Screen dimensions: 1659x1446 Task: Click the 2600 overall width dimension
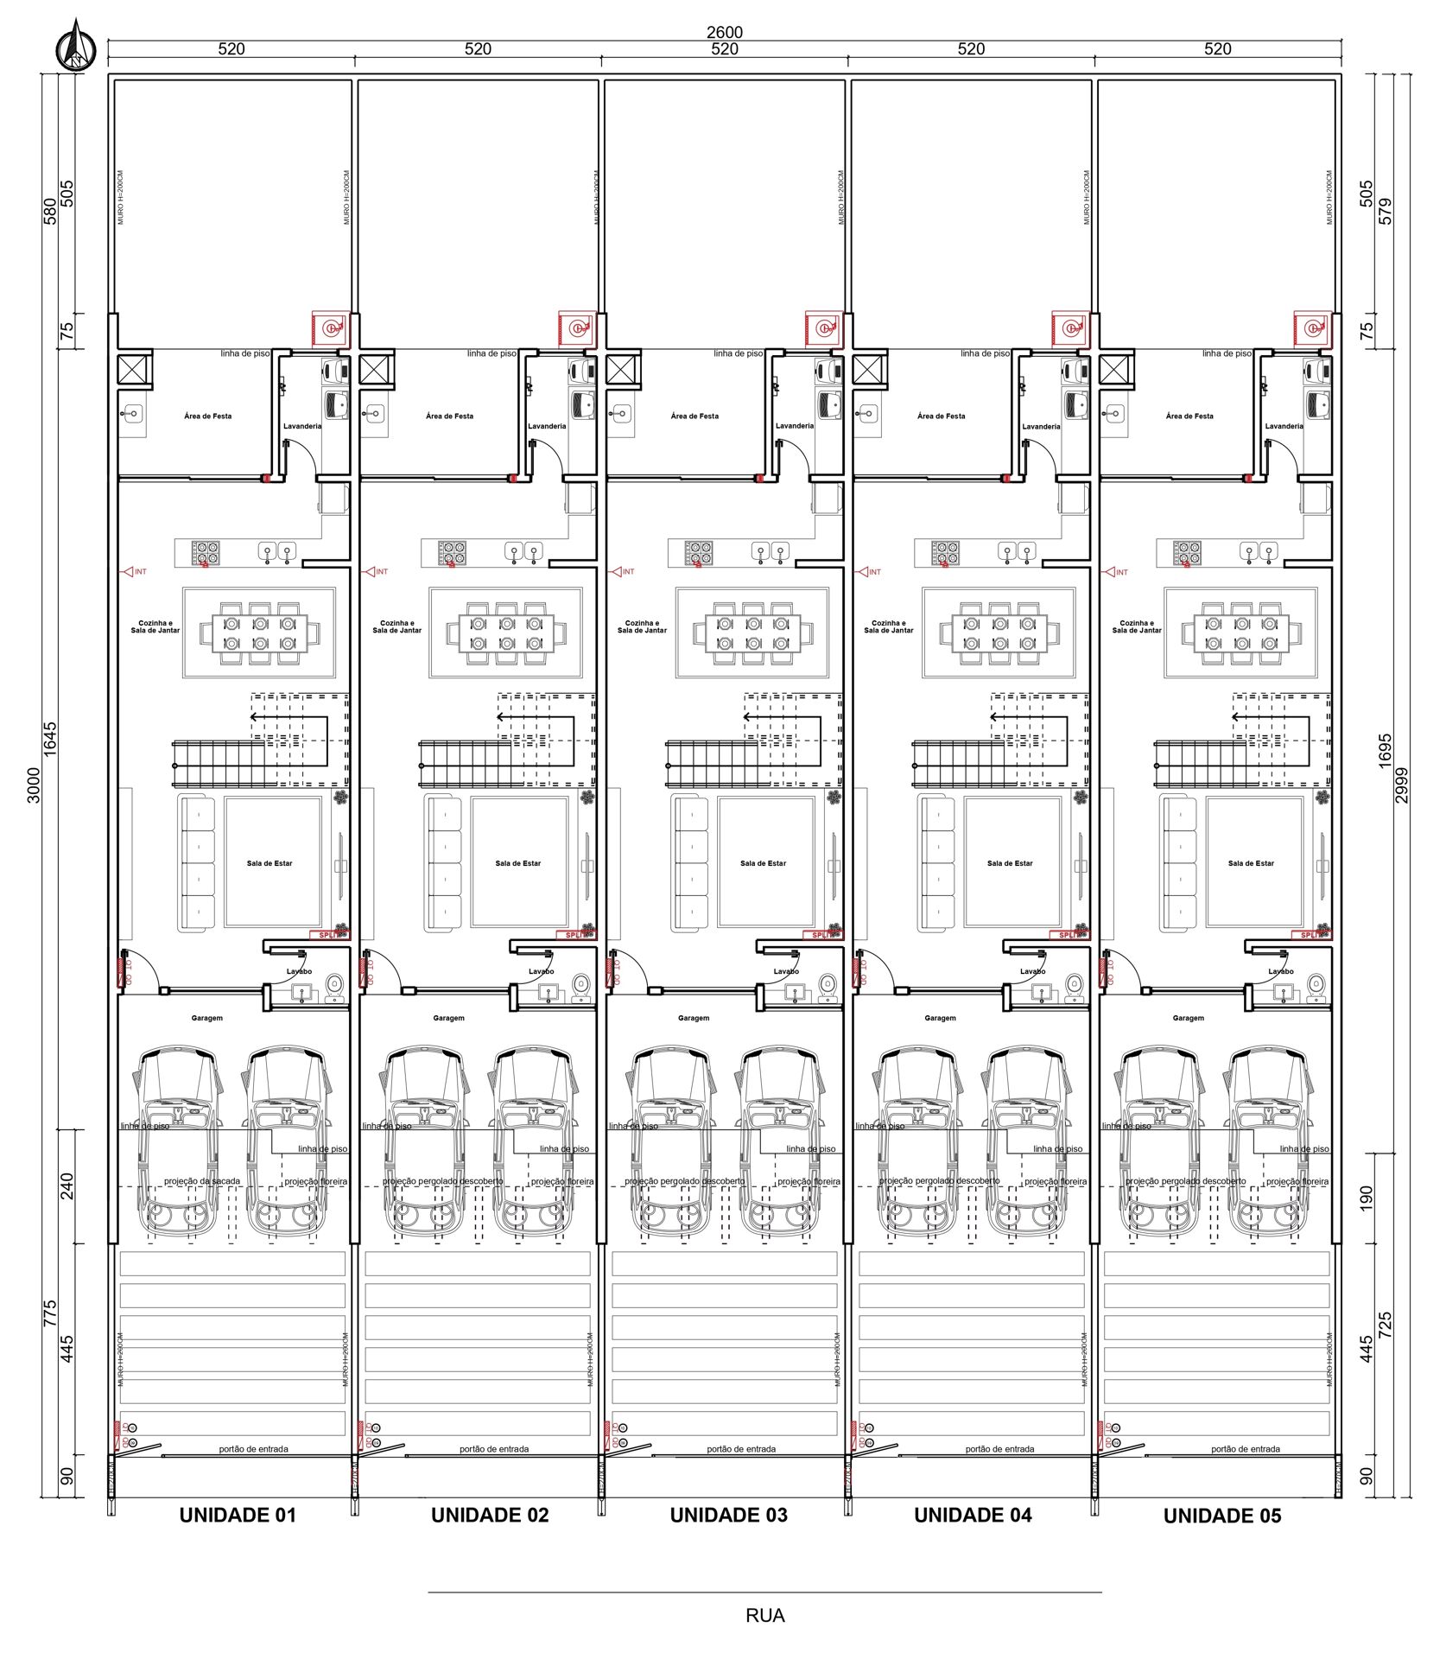[x=724, y=32]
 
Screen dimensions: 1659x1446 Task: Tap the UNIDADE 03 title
[x=728, y=1515]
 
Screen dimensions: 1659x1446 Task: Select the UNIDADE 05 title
[x=1221, y=1516]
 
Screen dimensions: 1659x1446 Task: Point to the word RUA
[x=764, y=1615]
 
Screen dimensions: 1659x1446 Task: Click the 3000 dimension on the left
[x=33, y=785]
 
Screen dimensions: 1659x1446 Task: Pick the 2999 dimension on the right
[x=1401, y=785]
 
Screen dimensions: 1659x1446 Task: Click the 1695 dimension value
[x=1385, y=751]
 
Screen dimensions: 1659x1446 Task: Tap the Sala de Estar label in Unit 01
[x=270, y=863]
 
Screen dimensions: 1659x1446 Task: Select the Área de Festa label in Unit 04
[x=941, y=416]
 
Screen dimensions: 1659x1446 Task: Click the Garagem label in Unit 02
[x=448, y=1018]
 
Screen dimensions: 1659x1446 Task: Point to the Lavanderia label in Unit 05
[x=1284, y=426]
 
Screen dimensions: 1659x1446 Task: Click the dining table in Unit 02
[x=506, y=633]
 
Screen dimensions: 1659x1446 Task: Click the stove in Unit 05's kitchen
[x=1186, y=552]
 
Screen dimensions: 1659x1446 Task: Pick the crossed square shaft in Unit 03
[x=622, y=370]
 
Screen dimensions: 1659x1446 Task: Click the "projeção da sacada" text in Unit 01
[x=202, y=1181]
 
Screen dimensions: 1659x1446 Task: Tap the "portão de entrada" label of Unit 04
[x=999, y=1449]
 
